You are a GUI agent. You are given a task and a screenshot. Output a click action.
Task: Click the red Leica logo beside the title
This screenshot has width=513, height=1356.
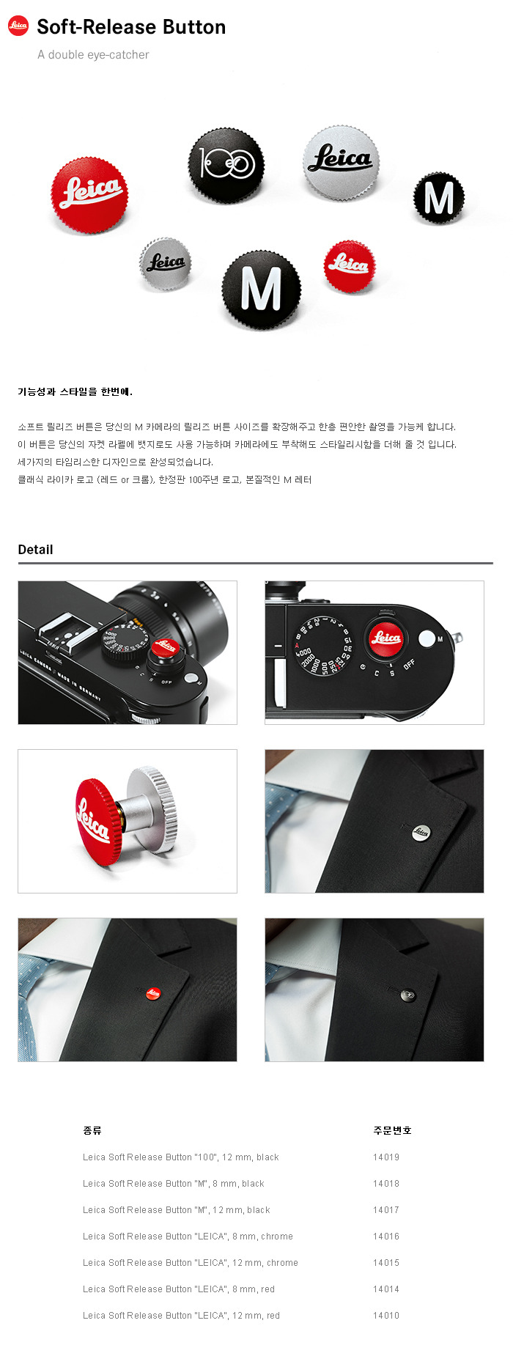coord(18,26)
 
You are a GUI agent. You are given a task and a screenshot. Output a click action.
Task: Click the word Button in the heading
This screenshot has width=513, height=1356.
coord(194,27)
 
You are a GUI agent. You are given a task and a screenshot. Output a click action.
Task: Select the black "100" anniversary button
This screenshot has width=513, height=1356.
coord(226,164)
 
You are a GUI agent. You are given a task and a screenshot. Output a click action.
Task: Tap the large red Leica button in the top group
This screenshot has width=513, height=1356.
coord(89,194)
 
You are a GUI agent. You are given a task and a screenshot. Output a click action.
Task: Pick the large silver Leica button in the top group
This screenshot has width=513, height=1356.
coord(341,161)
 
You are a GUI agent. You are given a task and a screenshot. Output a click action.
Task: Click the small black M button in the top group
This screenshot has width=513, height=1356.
coord(439,198)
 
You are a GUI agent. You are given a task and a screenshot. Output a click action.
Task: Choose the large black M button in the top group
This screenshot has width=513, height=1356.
coord(262,290)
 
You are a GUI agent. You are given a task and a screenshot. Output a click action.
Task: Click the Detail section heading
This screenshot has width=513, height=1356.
coord(35,550)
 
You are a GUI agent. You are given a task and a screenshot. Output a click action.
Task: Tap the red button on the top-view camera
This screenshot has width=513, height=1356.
coord(385,638)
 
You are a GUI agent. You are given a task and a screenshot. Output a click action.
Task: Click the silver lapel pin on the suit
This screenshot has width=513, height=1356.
coord(421,831)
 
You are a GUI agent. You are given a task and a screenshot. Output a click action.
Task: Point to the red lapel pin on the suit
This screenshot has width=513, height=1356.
coord(153,993)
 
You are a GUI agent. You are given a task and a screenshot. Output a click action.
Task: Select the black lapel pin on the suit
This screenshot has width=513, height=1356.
coord(408,995)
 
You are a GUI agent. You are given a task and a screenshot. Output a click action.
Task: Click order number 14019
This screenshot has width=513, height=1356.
coord(386,1157)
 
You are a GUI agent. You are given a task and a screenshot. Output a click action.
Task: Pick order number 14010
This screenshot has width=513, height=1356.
coord(386,1316)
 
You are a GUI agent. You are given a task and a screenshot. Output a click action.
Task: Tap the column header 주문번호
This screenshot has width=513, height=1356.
coord(392,1130)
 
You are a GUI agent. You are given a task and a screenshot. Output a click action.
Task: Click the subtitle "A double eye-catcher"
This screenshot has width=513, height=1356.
coord(93,55)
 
